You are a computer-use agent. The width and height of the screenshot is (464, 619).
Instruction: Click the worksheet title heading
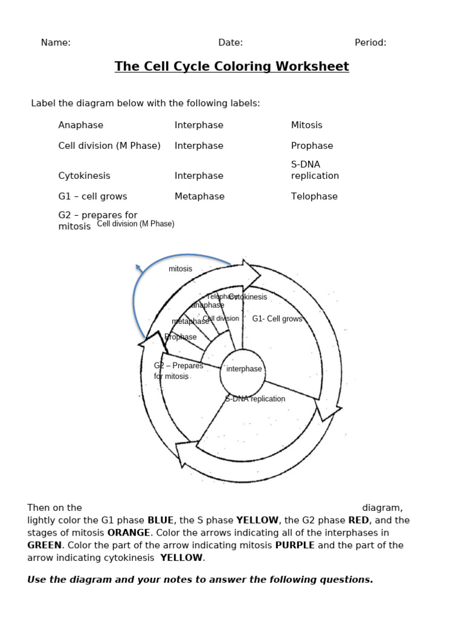(x=231, y=66)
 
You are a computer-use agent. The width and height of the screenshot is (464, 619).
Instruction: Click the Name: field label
(x=56, y=42)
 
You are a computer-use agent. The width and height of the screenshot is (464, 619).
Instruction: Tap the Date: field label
(x=230, y=42)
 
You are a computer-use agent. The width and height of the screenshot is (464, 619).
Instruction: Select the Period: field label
(x=370, y=42)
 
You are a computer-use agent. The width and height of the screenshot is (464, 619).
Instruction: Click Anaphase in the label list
(x=80, y=125)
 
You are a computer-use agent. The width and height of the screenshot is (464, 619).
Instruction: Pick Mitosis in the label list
(x=306, y=125)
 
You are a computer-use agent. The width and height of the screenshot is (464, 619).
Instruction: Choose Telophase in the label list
(x=314, y=196)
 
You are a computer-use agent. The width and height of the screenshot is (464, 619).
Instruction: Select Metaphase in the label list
(x=199, y=196)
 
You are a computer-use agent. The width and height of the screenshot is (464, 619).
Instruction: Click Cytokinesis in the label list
(x=84, y=176)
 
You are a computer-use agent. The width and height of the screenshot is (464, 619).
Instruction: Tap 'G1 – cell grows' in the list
(x=92, y=196)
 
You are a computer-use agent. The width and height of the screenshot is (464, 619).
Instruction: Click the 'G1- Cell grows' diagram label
(x=277, y=319)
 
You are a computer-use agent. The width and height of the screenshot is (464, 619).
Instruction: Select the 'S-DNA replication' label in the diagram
(x=255, y=399)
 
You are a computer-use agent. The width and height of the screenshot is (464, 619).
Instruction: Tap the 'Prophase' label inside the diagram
(x=181, y=337)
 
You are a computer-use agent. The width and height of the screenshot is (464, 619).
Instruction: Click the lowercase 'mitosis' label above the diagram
(x=180, y=269)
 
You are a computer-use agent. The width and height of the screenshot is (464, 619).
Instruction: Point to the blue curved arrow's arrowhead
(x=138, y=267)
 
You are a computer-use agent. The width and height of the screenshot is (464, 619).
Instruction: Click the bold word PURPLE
(x=295, y=545)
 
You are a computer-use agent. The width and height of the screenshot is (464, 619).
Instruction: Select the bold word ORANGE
(x=128, y=533)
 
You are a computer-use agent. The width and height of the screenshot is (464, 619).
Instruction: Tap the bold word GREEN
(x=44, y=545)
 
